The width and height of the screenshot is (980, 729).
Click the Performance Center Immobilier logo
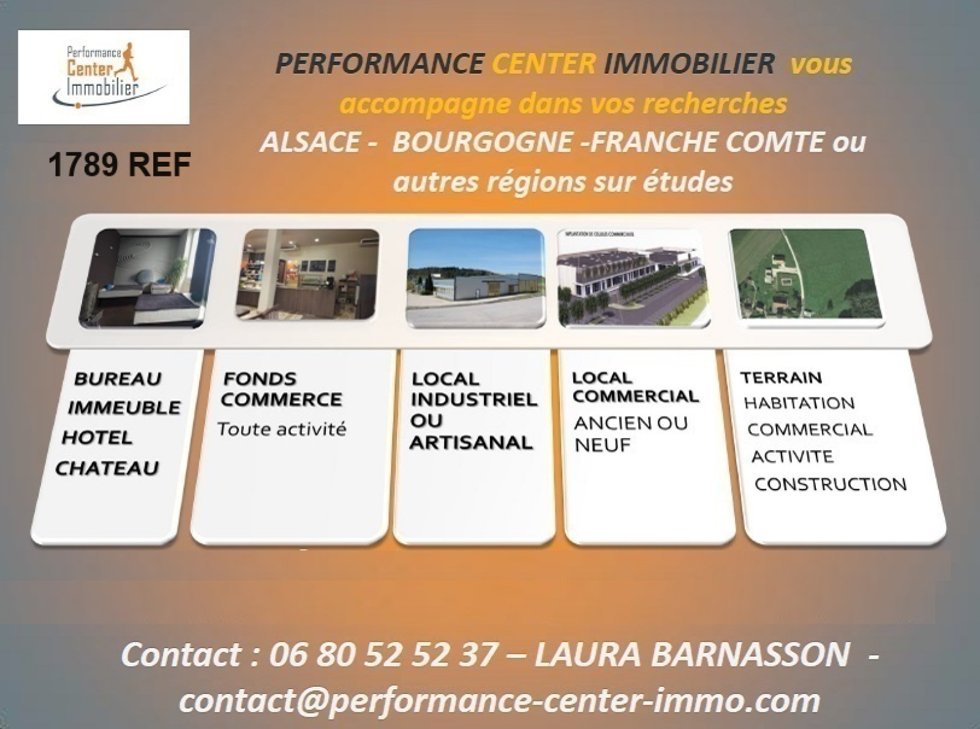click(x=104, y=77)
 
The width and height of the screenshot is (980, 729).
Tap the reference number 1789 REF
click(x=119, y=164)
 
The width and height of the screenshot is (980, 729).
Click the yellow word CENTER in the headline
click(x=543, y=64)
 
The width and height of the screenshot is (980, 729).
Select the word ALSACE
click(x=310, y=142)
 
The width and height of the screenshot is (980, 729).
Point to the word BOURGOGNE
click(x=482, y=142)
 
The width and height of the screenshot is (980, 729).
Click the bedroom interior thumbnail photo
click(x=147, y=278)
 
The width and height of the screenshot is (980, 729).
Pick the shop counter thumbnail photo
click(x=307, y=274)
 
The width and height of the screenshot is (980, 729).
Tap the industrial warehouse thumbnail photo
click(x=475, y=278)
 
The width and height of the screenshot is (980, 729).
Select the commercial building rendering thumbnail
click(x=633, y=278)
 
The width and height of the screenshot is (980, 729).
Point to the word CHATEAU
click(x=107, y=469)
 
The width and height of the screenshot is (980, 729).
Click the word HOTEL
click(x=97, y=437)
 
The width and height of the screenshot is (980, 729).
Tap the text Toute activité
click(x=282, y=429)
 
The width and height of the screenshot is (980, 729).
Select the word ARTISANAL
click(x=472, y=443)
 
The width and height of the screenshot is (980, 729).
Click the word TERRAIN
click(x=781, y=377)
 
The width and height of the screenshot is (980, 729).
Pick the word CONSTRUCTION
click(x=831, y=484)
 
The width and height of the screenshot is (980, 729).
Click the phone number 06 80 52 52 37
click(x=383, y=655)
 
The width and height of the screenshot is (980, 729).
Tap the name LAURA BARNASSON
click(x=692, y=655)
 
